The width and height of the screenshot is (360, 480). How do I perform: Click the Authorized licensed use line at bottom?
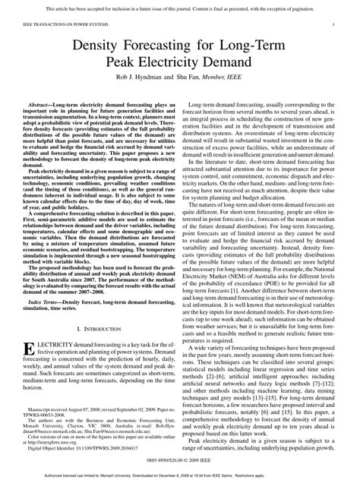[x=179, y=474]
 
